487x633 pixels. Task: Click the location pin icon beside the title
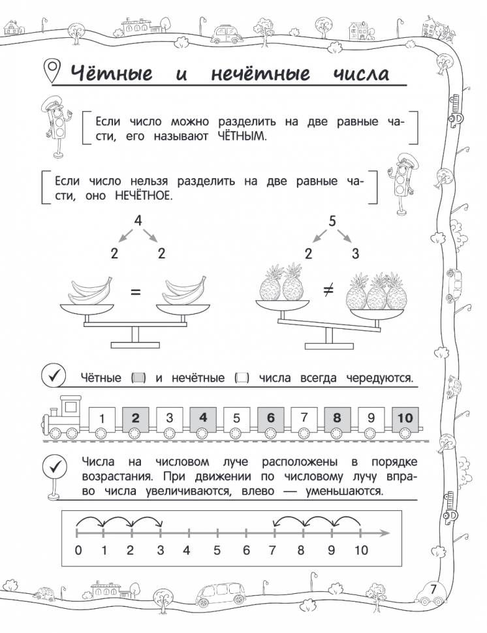coord(50,69)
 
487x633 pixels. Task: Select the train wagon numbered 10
coord(405,418)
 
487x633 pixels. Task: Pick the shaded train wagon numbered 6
coord(270,418)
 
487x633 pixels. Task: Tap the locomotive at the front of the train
coord(63,418)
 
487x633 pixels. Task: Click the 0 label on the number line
coord(78,550)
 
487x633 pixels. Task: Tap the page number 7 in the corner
coord(433,588)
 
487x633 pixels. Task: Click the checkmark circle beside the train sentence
coord(53,377)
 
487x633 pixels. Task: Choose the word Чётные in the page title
coord(110,73)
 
